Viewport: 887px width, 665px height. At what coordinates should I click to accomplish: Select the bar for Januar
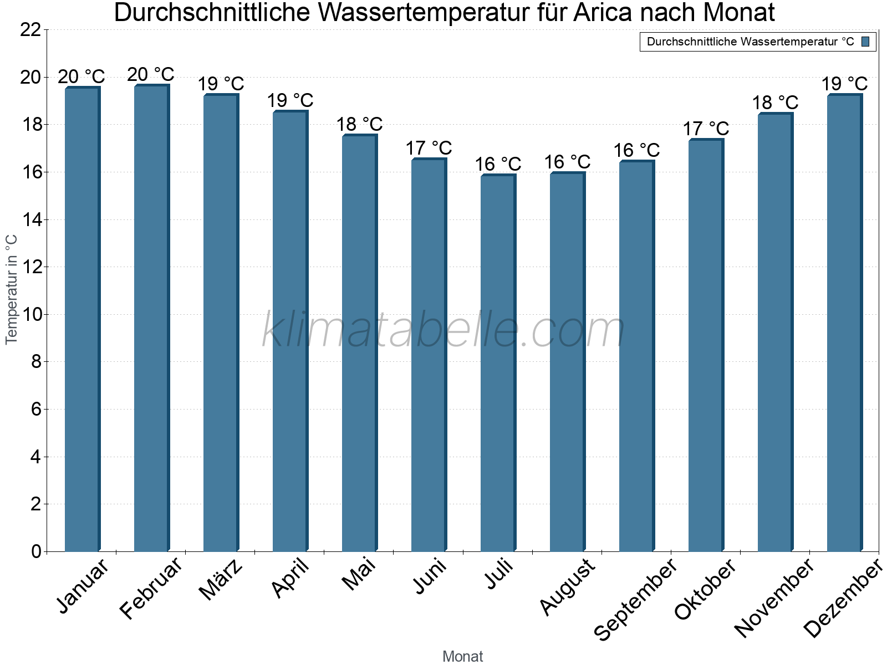tap(82, 319)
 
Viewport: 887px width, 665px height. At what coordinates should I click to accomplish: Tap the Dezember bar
tap(844, 323)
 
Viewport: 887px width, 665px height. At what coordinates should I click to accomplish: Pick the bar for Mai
tap(359, 343)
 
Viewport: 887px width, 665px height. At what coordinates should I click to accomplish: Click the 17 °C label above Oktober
tap(706, 129)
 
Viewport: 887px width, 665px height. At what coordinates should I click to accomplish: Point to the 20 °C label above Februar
tap(151, 74)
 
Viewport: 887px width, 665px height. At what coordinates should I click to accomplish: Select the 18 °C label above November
tap(775, 103)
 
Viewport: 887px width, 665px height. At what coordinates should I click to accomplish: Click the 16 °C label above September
tap(636, 150)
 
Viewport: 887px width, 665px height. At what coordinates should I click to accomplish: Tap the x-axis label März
tap(221, 580)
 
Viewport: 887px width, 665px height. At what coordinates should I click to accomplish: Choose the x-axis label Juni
tap(429, 576)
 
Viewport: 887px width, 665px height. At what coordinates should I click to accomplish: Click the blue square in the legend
tap(866, 42)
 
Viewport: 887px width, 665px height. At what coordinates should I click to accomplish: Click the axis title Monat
tap(463, 656)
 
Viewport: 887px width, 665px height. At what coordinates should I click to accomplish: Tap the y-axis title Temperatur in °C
tap(12, 289)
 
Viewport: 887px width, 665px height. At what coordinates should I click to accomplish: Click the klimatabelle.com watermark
tap(443, 331)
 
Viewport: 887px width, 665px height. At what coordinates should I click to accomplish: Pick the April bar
tap(290, 331)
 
